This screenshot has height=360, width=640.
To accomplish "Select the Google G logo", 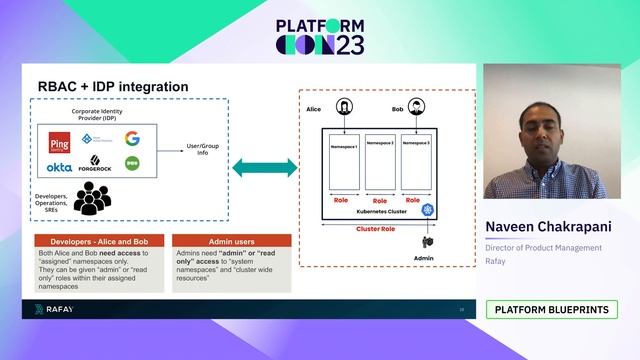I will (x=132, y=139).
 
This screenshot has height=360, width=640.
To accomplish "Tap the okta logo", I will (x=58, y=167).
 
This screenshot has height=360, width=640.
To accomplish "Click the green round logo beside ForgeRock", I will (x=132, y=162).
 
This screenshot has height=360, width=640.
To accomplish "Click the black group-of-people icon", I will (x=91, y=199).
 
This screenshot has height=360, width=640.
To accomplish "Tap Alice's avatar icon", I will (x=344, y=107).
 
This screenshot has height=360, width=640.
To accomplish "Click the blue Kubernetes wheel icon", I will (x=428, y=211).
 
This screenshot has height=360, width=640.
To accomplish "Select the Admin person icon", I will (x=428, y=241).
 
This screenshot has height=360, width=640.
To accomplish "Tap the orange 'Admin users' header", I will (x=231, y=241).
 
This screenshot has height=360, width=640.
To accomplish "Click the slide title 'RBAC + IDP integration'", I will (x=113, y=87).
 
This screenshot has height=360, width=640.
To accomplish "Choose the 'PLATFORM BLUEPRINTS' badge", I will (x=551, y=310).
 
